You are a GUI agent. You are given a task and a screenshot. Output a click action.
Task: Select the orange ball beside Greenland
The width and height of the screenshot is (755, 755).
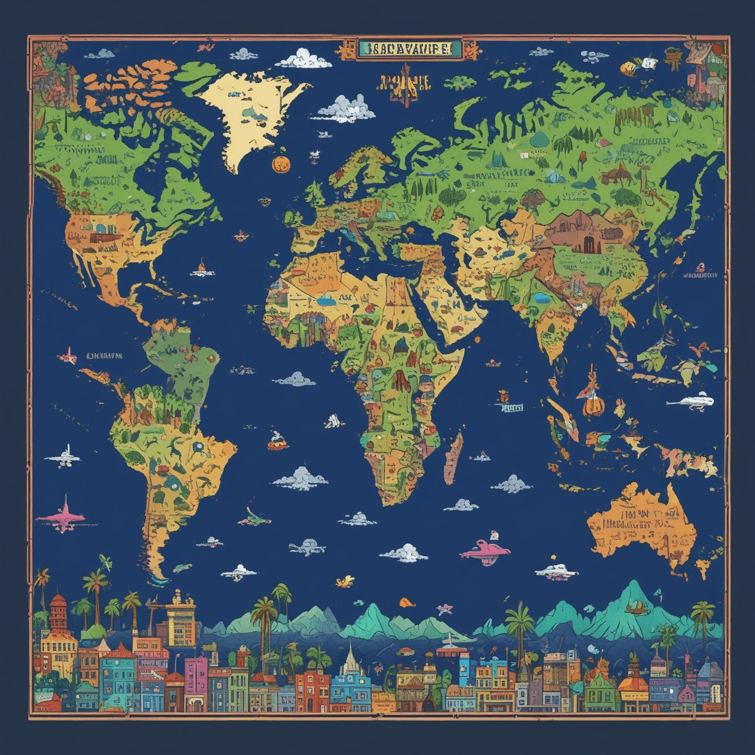pos(281,165)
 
